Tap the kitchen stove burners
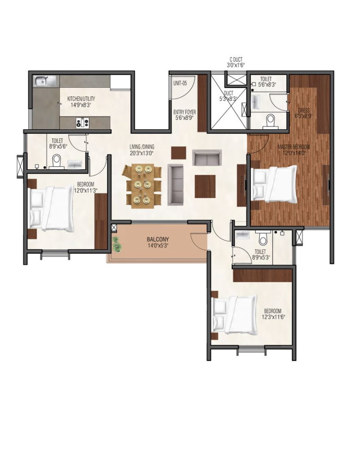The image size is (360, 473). click(x=82, y=122)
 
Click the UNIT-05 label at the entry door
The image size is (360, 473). click(x=180, y=83)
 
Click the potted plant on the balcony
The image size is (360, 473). click(x=117, y=244)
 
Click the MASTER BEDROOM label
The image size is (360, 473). click(x=294, y=147)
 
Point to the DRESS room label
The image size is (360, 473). click(x=304, y=110)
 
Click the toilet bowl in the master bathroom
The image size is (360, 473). click(x=270, y=120)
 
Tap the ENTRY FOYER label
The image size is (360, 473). click(x=185, y=112)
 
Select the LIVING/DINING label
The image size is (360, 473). click(x=142, y=147)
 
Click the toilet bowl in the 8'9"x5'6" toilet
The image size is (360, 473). click(x=56, y=161)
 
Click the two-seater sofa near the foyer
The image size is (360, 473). click(x=207, y=157)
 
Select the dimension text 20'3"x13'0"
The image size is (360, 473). click(x=142, y=153)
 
